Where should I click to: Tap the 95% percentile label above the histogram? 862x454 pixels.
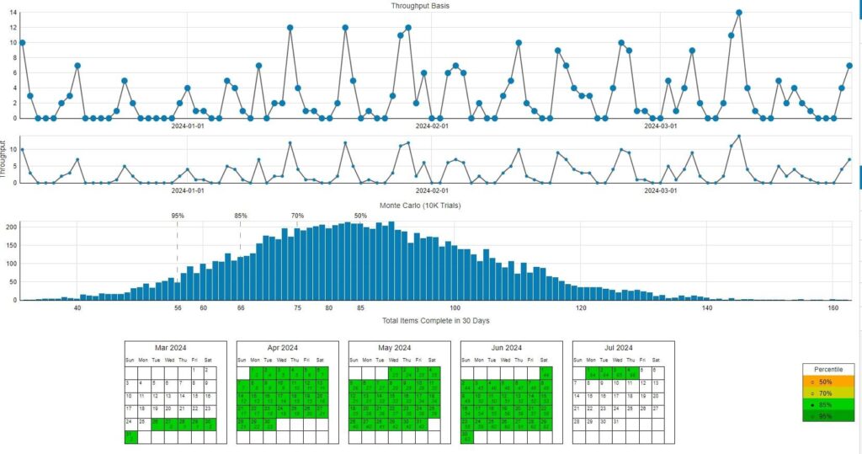coord(178,216)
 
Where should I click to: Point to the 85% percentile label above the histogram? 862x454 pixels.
coord(241,216)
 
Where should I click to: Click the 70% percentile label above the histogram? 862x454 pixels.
coord(297,216)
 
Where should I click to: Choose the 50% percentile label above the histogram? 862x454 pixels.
coord(360,216)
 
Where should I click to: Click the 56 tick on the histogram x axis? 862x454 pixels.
coord(178,308)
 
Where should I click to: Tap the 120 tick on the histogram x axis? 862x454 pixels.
coord(581,308)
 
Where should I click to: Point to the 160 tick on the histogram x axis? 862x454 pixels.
coord(833,308)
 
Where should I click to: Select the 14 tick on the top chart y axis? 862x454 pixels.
coord(13,13)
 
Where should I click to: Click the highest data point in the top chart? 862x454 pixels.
coord(739,13)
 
